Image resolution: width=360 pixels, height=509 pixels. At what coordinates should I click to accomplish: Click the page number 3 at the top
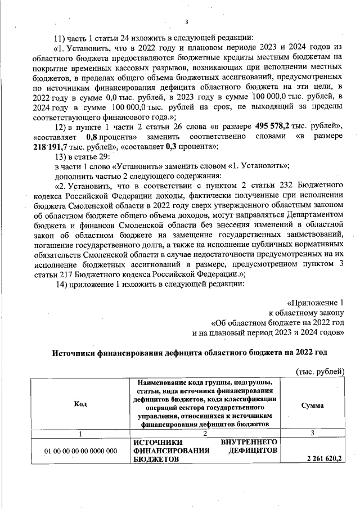point(185,22)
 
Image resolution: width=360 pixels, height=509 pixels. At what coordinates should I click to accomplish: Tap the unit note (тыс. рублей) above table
point(319,372)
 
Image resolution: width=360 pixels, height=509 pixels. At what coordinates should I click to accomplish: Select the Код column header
point(80,403)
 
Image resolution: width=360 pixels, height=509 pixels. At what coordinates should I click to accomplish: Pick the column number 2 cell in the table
point(205,433)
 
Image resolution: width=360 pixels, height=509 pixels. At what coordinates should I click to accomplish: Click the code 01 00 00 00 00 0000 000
point(81,451)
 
